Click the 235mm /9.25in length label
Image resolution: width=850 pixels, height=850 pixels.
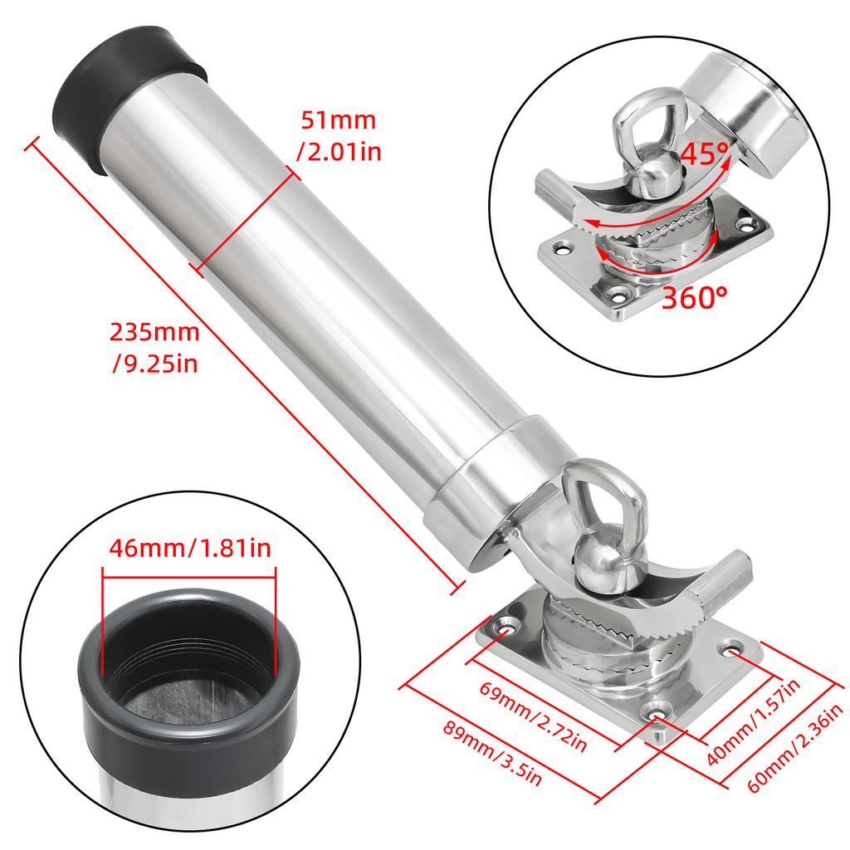155,347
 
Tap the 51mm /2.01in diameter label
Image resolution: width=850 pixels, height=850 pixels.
337,134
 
